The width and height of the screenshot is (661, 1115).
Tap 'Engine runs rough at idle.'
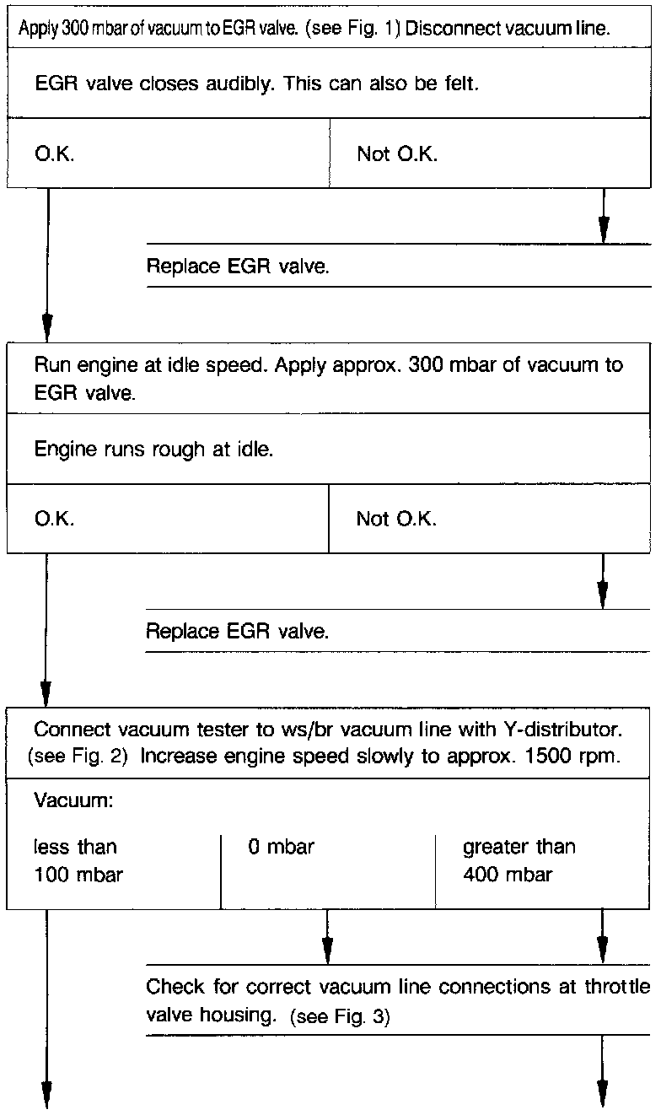coord(153,449)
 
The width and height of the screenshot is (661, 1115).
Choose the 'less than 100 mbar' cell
coord(78,860)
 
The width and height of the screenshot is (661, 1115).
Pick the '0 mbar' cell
coord(281,847)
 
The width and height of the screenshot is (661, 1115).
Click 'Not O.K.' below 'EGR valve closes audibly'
coord(397,154)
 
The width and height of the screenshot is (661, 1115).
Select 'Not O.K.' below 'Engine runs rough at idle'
coord(396,519)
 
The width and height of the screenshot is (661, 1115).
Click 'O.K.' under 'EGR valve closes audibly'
coord(55,156)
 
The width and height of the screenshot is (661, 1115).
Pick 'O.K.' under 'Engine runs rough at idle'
coord(55,520)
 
